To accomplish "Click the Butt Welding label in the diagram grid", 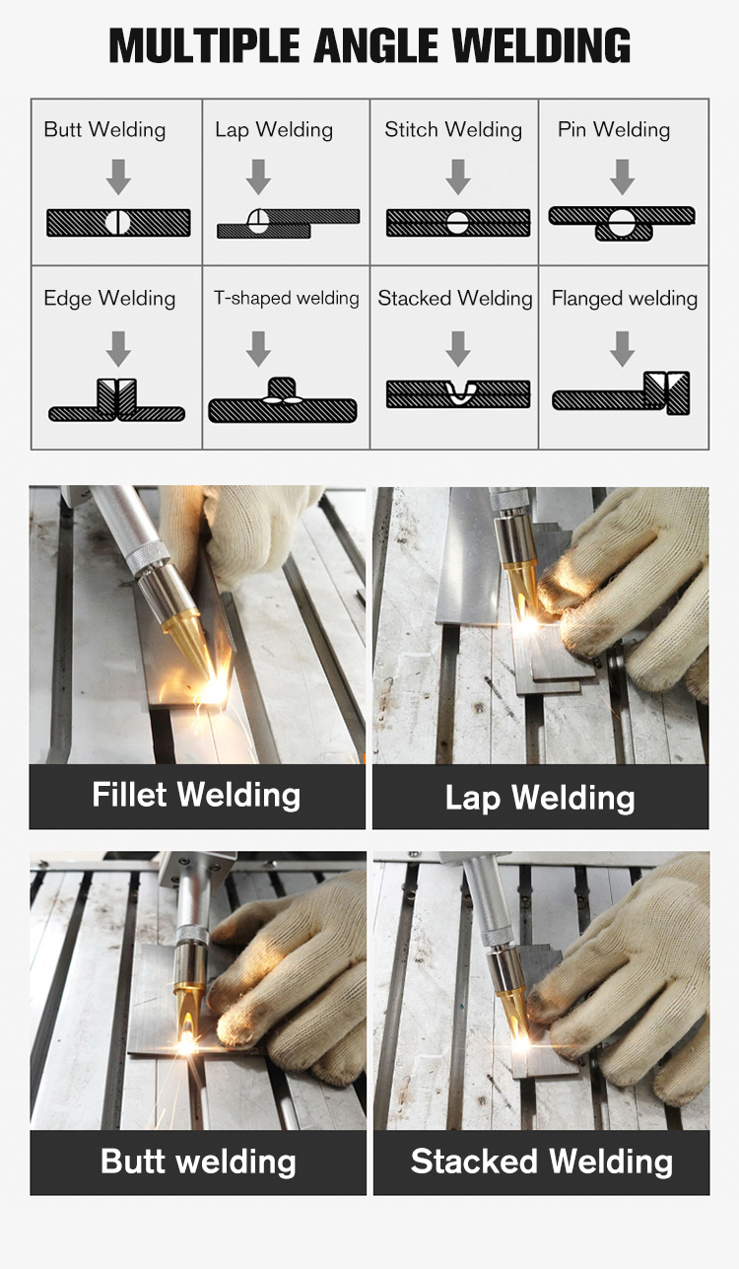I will click(x=104, y=130).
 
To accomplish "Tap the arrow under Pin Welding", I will click(x=622, y=177).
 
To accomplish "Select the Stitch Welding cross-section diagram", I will click(x=457, y=223).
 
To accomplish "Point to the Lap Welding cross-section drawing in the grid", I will click(x=287, y=223).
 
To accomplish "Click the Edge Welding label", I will click(x=109, y=299).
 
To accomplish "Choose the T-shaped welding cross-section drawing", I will click(x=282, y=402).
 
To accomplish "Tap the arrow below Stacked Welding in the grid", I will click(x=457, y=348).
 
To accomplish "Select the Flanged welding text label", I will click(x=624, y=299).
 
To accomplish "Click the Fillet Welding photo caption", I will click(x=196, y=795).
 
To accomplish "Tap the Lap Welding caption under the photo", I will click(x=540, y=797).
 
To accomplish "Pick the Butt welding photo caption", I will click(x=198, y=1162).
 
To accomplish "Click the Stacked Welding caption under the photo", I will click(x=541, y=1162).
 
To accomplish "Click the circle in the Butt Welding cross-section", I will click(x=117, y=223).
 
